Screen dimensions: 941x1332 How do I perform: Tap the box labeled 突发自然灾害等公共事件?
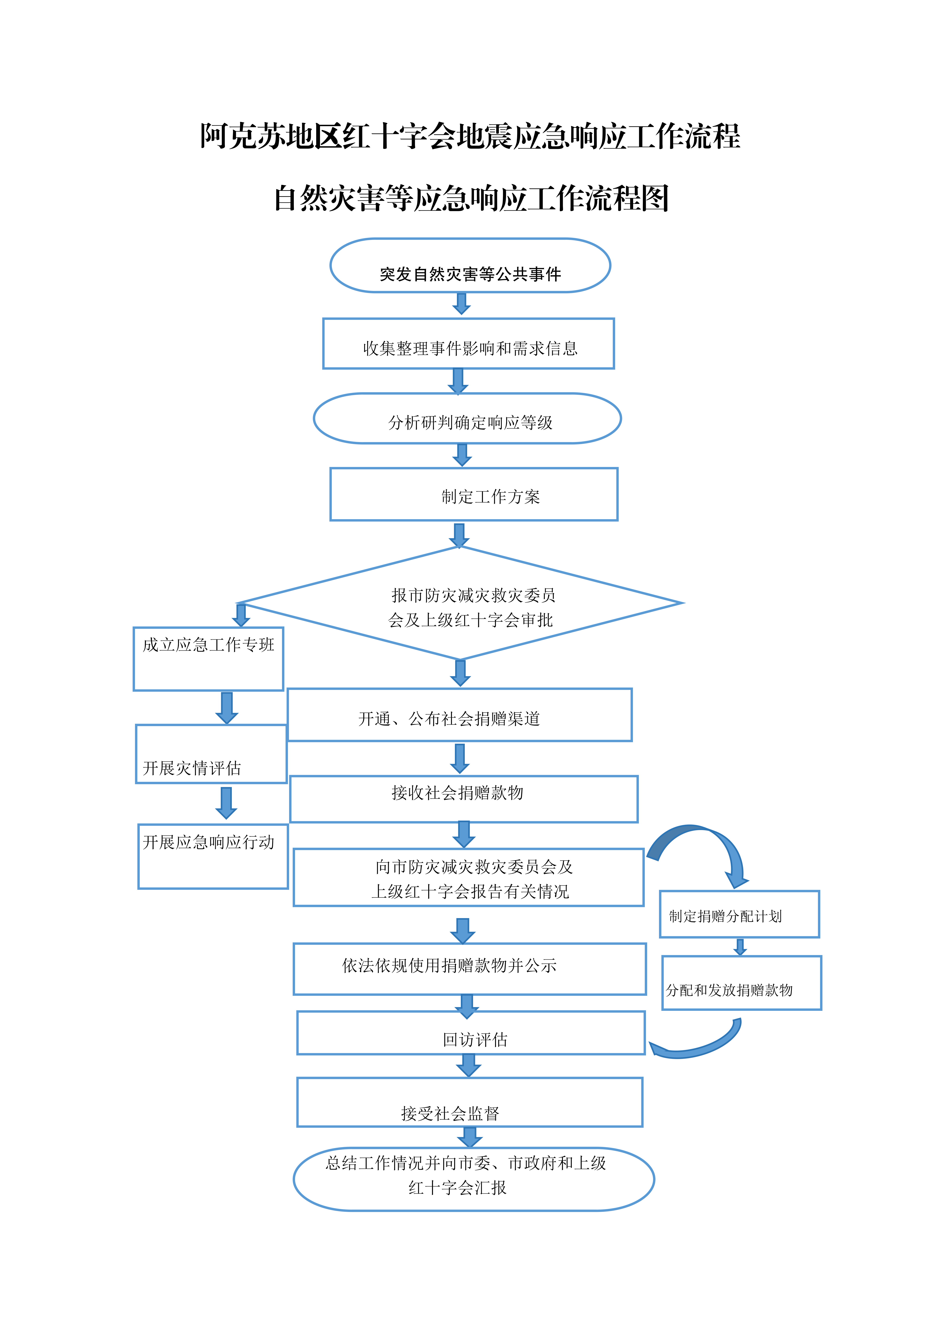click(x=470, y=265)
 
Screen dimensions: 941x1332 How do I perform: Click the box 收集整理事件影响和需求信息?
click(x=469, y=344)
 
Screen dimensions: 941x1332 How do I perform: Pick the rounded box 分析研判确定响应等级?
click(x=467, y=418)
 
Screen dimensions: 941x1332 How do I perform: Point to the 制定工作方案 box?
click(x=474, y=494)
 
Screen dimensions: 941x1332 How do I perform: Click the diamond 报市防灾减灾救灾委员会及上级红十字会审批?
click(x=461, y=603)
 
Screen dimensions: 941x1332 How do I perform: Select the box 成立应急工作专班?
click(x=208, y=659)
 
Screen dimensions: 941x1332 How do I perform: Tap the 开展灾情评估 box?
click(x=211, y=754)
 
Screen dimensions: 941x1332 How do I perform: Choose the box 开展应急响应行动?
click(x=213, y=856)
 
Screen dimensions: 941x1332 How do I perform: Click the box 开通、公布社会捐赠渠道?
click(x=460, y=715)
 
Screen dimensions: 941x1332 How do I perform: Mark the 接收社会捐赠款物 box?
click(x=464, y=799)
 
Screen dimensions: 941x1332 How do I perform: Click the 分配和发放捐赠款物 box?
click(x=742, y=983)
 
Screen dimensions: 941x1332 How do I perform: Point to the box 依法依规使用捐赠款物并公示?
click(x=470, y=969)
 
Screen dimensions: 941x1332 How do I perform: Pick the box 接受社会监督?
click(x=470, y=1102)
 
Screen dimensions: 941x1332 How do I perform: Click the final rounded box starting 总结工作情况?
click(x=474, y=1179)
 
